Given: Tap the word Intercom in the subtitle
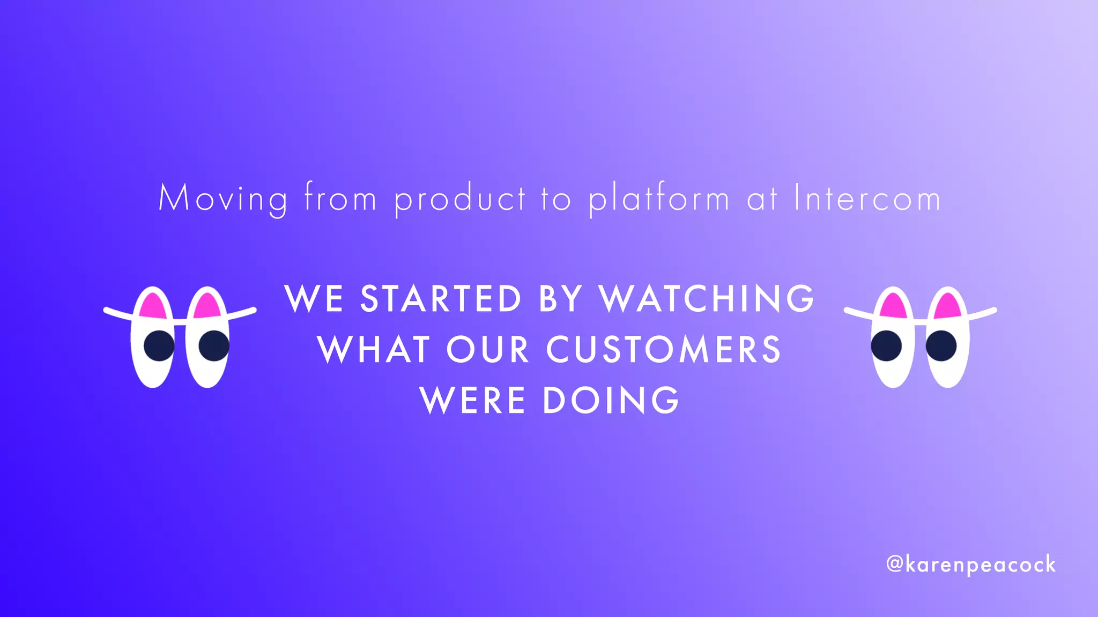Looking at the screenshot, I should (867, 198).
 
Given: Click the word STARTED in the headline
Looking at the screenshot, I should (441, 299).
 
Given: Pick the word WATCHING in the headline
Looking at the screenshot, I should (707, 299).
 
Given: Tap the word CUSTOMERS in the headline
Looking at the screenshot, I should (664, 350).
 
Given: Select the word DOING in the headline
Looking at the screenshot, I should (611, 400).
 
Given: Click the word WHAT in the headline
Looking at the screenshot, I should (374, 350).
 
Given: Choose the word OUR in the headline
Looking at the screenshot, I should (488, 350).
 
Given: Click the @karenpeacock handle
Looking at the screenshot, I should (970, 565).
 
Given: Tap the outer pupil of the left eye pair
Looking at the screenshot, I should (159, 345).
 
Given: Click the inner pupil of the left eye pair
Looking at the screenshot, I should (214, 345).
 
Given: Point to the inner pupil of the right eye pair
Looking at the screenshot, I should (886, 345).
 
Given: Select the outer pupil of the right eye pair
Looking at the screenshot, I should (941, 345).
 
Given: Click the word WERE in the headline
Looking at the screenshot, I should (472, 400).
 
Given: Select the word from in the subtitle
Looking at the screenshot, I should (340, 198).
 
